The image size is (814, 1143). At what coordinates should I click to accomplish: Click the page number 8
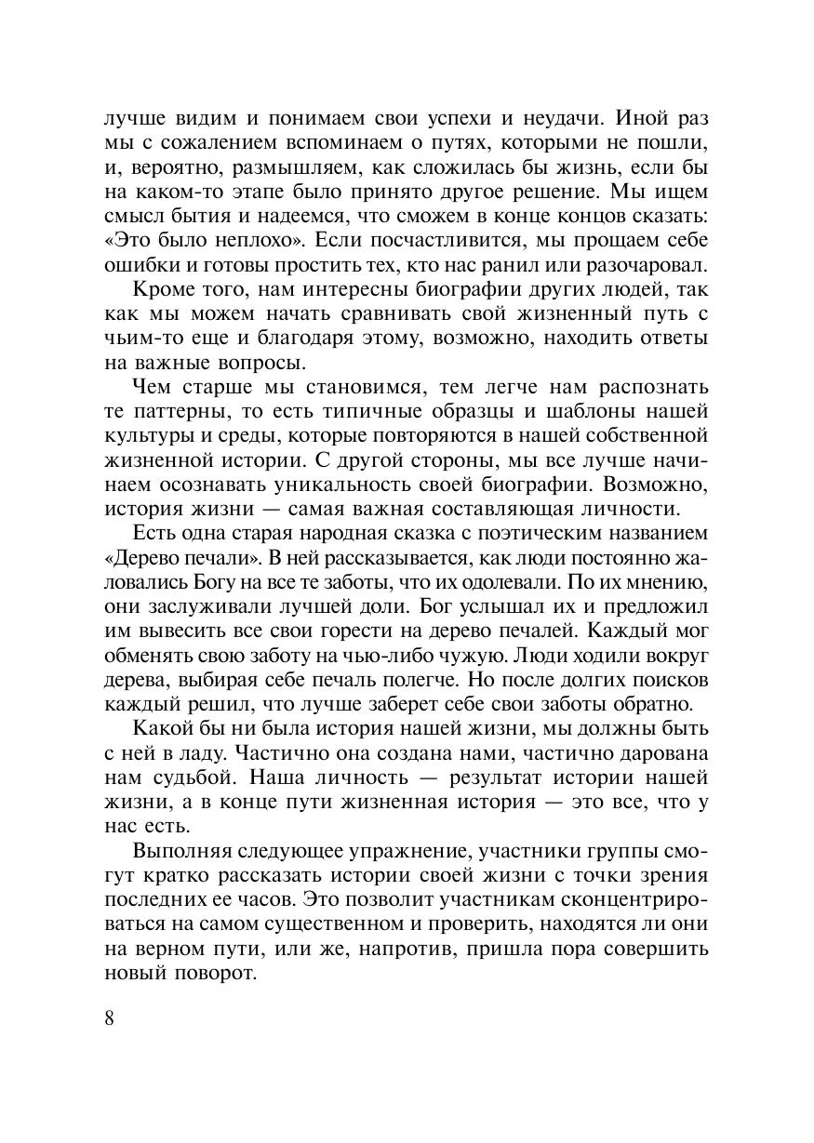click(x=110, y=1017)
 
